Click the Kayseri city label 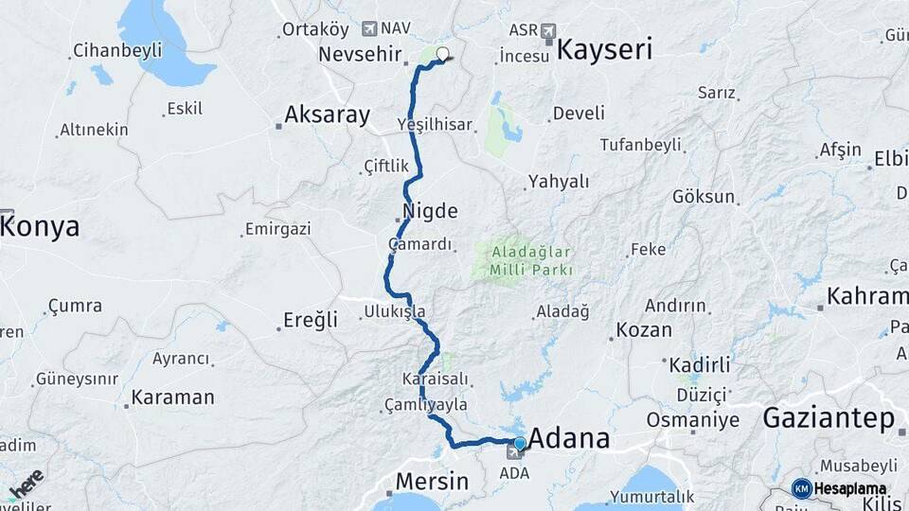(604, 50)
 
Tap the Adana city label (568, 439)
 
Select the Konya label (40, 227)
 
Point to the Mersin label (431, 481)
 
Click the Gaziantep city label (829, 417)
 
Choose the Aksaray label (328, 115)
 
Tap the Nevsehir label (360, 54)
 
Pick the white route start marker (442, 54)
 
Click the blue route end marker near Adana (519, 442)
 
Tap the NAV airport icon (368, 28)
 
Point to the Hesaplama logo (840, 488)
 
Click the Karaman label (172, 397)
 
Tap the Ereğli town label (310, 321)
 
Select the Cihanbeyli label (117, 51)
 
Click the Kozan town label (644, 330)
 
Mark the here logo (26, 485)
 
